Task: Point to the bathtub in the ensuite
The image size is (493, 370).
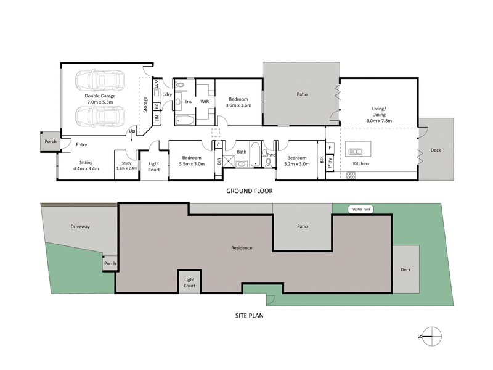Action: click(184, 119)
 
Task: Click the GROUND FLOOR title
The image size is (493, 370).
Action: click(249, 191)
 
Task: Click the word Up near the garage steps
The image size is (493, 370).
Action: click(132, 131)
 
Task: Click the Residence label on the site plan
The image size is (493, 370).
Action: click(242, 248)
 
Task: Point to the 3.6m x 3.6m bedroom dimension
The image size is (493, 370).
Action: click(238, 106)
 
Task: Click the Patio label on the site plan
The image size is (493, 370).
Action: click(302, 226)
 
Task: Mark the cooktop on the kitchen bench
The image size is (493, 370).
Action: click(352, 176)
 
